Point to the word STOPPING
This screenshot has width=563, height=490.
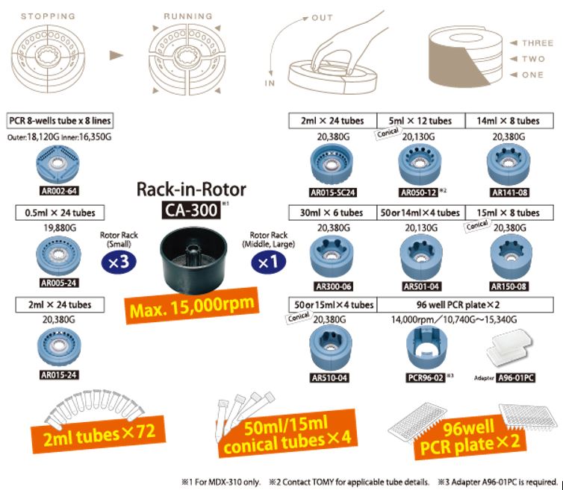[x=49, y=14]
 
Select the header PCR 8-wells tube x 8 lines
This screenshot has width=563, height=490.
[x=60, y=121]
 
